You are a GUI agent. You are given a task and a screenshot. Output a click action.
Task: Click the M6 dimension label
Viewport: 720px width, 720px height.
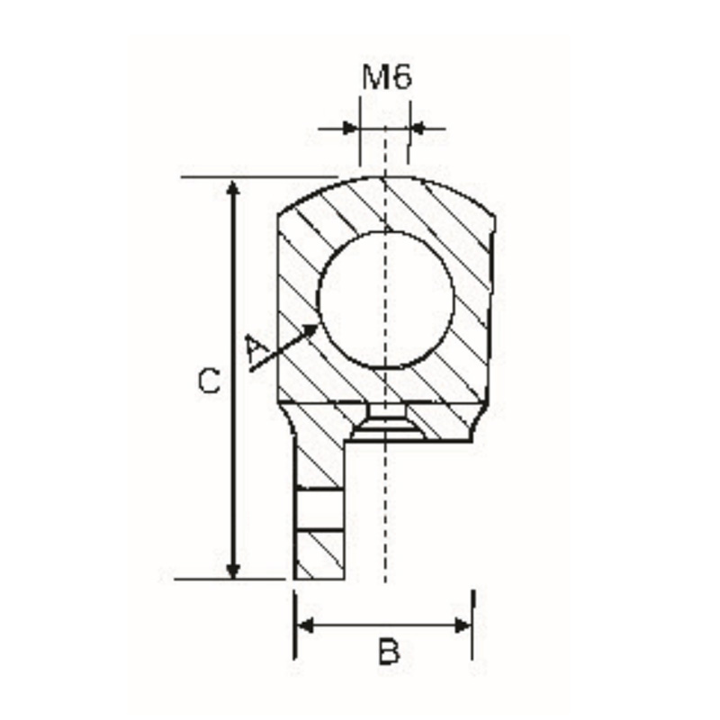tap(387, 77)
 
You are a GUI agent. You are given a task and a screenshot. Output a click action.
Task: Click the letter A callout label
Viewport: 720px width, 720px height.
tap(256, 350)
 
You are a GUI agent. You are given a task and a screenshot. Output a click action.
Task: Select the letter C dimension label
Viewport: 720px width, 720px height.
tap(208, 382)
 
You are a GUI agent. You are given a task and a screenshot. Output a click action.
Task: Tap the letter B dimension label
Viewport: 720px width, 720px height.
tap(388, 650)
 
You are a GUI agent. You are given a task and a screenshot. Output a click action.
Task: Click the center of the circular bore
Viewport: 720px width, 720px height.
tap(386, 300)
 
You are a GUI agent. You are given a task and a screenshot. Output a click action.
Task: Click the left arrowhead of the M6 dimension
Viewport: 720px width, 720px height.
tap(350, 129)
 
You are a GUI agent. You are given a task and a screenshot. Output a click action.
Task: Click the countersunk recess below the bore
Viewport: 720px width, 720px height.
tap(386, 424)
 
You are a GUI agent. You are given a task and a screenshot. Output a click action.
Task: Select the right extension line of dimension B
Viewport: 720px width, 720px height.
tap(473, 630)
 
